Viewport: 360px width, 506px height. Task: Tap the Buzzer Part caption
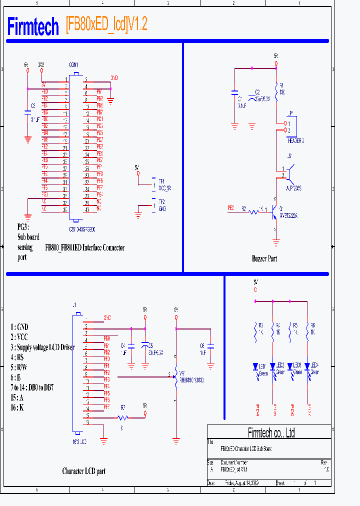click(264, 258)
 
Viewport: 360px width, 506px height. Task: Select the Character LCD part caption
click(83, 471)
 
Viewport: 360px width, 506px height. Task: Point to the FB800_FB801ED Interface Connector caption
click(84, 247)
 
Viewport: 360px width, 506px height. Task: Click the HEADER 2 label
click(295, 141)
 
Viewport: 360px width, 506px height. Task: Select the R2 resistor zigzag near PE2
click(253, 212)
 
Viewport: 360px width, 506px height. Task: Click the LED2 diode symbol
click(272, 367)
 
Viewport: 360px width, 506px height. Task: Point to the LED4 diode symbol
click(306, 367)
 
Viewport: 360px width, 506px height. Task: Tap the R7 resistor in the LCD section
click(123, 417)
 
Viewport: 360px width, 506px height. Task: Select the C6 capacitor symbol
click(210, 345)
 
